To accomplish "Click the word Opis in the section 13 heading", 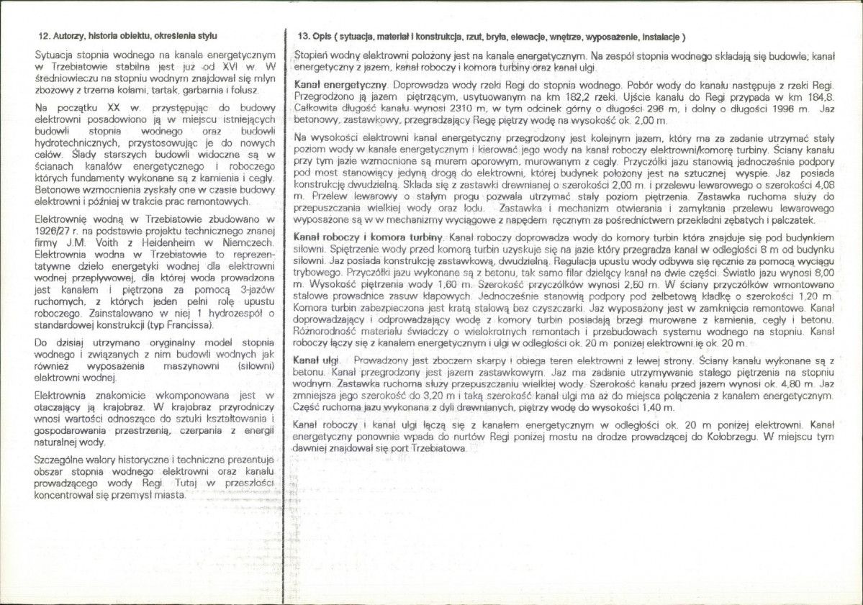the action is [x=321, y=36].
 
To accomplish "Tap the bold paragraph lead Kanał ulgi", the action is [x=317, y=358].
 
